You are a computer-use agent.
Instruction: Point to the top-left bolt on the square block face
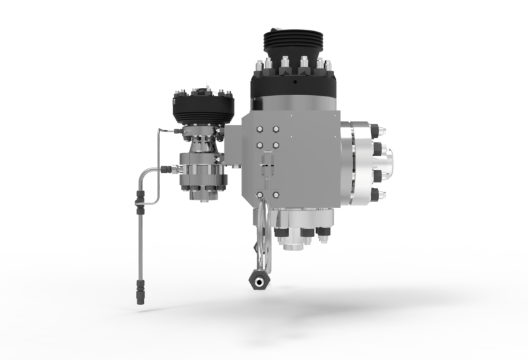coord(259,129)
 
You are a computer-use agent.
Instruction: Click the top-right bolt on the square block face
coord(276,129)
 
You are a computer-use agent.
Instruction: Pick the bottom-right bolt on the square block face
coord(276,195)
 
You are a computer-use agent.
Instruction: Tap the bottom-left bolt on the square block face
coord(259,195)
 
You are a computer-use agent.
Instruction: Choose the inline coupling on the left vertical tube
coord(139,198)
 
